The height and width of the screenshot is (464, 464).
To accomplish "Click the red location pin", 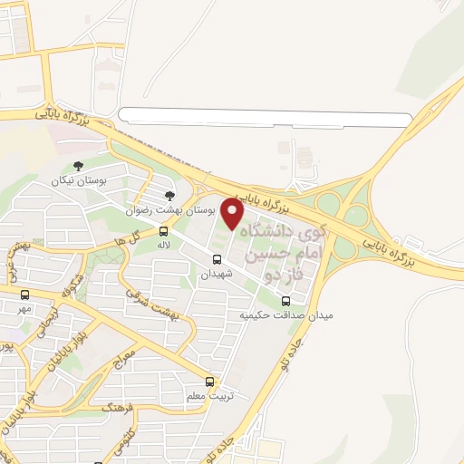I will pyautogui.click(x=233, y=213).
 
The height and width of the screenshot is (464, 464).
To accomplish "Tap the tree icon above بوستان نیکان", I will pyautogui.click(x=79, y=166).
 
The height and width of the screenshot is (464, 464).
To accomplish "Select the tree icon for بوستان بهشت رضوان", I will pyautogui.click(x=169, y=194).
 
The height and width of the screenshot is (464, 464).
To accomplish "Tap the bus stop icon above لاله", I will pyautogui.click(x=164, y=231).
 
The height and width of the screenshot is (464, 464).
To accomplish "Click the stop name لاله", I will pyautogui.click(x=164, y=246).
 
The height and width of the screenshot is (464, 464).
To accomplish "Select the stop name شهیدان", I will pyautogui.click(x=217, y=273).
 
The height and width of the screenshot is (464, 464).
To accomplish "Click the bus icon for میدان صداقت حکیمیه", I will pyautogui.click(x=287, y=302).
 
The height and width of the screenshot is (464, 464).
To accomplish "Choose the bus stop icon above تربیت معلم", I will pyautogui.click(x=210, y=382).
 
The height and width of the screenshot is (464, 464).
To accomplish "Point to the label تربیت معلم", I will pyautogui.click(x=209, y=396).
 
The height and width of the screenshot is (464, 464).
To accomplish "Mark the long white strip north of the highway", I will pyautogui.click(x=266, y=117).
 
